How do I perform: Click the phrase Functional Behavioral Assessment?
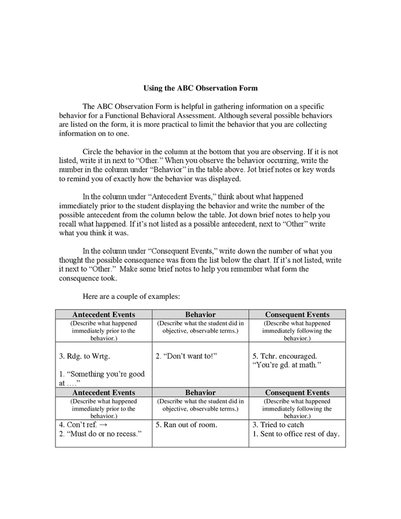coord(152,115)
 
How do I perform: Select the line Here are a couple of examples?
coord(132,296)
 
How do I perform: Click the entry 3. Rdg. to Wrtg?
coord(84,356)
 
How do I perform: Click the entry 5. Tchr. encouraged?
coord(284,356)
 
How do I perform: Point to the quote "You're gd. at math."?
coord(286,365)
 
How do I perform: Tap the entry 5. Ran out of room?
coord(186,425)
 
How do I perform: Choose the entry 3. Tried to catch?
coord(278,425)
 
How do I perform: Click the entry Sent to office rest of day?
coord(299,434)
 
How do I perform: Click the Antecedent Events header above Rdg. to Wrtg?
coord(104,314)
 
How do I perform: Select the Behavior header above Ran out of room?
coord(200,392)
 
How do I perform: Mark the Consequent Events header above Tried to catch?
coord(297,392)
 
